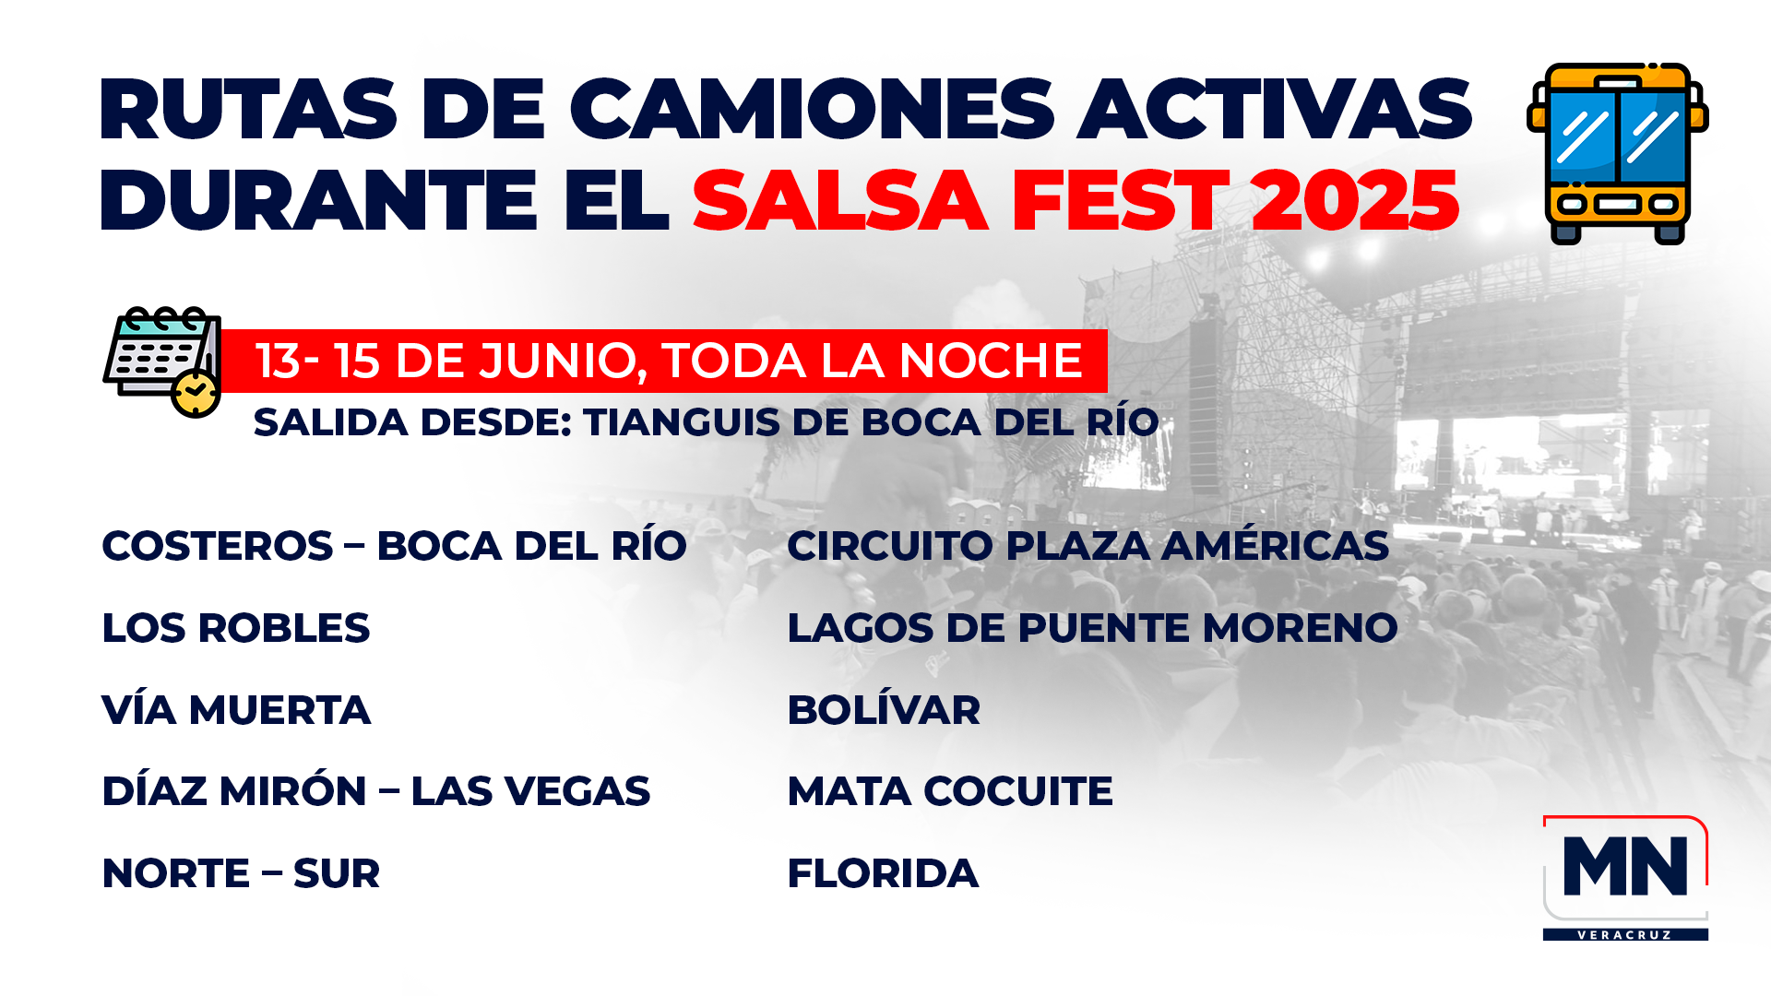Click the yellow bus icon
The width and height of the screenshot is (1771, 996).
coord(1618,153)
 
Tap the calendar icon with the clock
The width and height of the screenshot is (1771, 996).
coord(162,362)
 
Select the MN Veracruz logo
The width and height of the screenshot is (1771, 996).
coord(1625,878)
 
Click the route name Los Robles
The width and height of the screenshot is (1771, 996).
coord(235,628)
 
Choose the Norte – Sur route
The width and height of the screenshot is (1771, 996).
coord(241,873)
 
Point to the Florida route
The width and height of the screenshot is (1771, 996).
coord(883,873)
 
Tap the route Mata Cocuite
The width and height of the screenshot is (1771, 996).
coord(950,791)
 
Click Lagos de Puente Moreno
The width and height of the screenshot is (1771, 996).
coord(1092,628)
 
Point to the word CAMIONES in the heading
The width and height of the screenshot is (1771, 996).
coord(812,109)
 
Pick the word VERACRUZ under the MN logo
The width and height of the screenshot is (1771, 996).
coord(1625,935)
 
